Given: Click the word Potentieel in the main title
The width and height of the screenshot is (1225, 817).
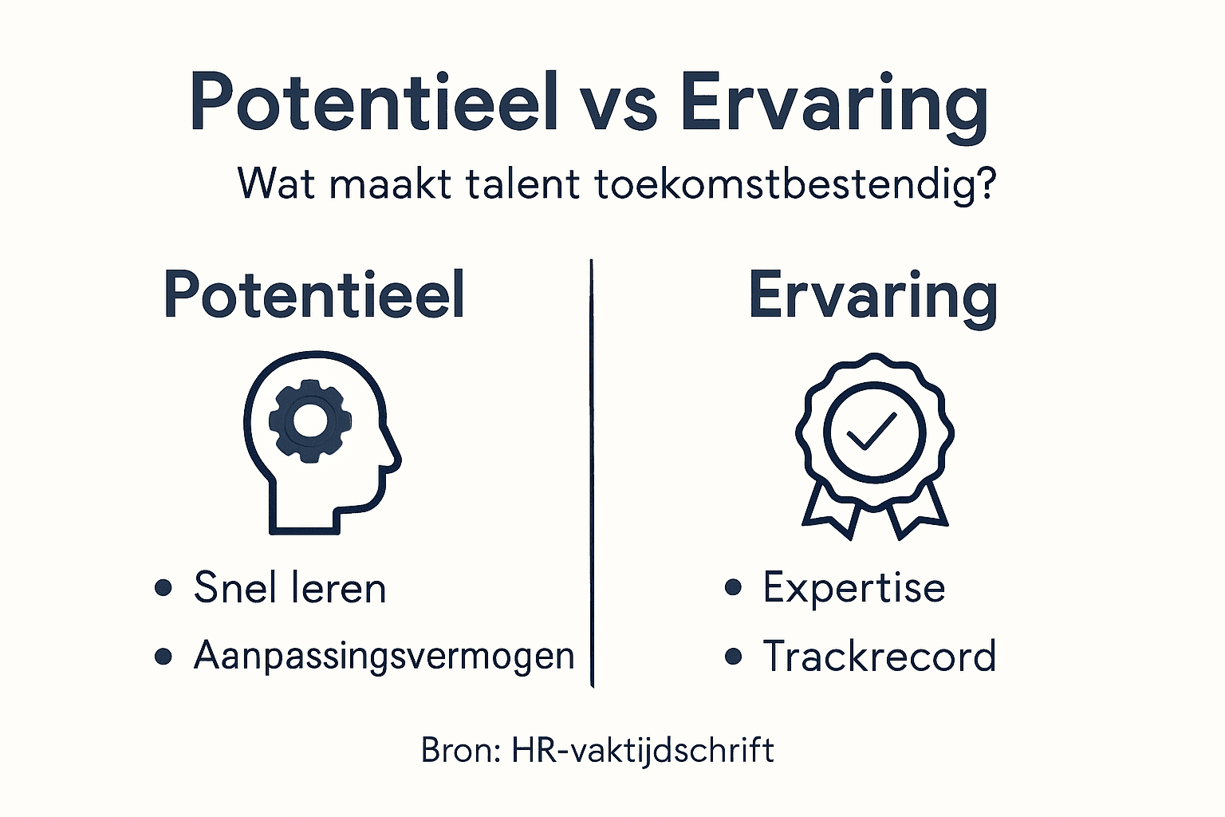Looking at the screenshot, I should coord(373,104).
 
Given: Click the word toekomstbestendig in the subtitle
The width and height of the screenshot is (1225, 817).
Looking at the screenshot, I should coord(795,185).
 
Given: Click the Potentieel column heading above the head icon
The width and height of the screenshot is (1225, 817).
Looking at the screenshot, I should coord(313,295).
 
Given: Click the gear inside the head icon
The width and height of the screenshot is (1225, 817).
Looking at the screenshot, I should coord(307,420).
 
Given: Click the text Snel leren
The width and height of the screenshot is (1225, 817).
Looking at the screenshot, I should coord(290,589).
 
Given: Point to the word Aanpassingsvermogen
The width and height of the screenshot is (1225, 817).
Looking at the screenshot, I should coord(384,657).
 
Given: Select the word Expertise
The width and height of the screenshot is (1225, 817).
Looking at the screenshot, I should coord(853,589).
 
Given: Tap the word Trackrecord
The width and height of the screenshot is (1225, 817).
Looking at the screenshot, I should coord(879,657).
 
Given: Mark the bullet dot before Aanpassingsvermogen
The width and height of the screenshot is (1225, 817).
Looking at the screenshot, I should coord(163,657).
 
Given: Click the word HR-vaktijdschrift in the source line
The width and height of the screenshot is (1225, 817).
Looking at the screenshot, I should coord(643,751).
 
